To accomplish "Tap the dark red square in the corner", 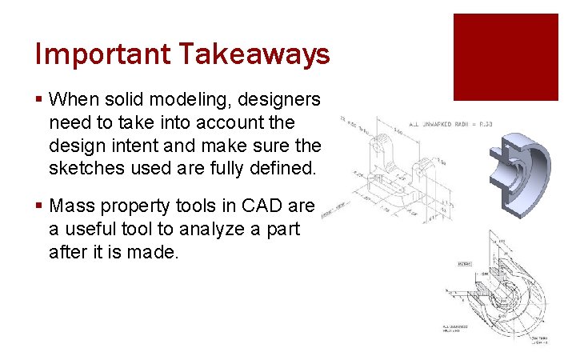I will coord(506,57).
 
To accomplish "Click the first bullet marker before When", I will coord(39,100).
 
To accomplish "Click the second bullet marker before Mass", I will coord(39,206).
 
